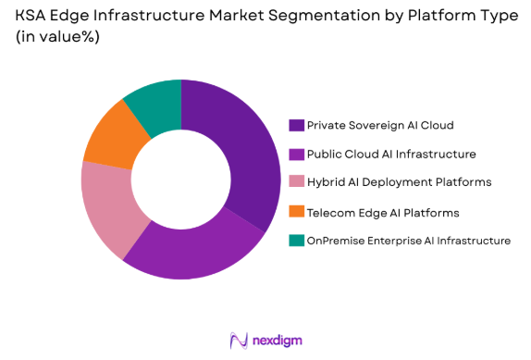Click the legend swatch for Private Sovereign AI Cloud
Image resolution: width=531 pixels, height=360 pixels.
(296, 124)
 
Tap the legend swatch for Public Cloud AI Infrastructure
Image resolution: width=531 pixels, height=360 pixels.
(296, 154)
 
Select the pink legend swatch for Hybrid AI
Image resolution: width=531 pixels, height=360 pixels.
(296, 182)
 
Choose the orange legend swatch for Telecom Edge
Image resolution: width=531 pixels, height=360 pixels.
(296, 212)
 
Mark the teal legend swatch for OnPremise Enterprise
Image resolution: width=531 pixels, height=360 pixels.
(296, 241)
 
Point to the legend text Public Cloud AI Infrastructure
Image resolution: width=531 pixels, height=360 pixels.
(379, 154)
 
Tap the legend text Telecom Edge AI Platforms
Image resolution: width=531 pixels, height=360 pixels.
(369, 212)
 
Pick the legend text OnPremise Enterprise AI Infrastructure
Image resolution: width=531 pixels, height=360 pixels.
(408, 241)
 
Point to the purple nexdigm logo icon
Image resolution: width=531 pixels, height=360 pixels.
(237, 340)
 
